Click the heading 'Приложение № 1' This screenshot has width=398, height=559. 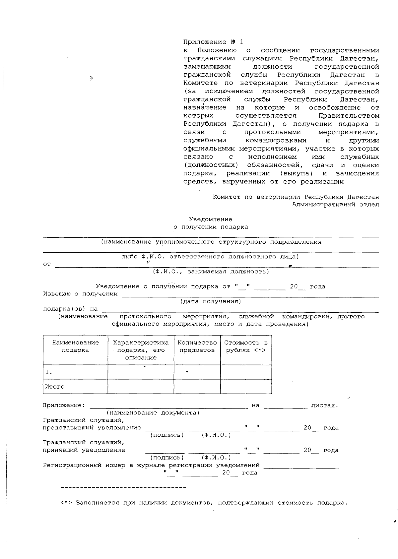point(213,42)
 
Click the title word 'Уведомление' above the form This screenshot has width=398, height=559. point(211,219)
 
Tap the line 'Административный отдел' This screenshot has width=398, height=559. point(335,204)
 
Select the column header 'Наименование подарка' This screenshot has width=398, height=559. point(75,346)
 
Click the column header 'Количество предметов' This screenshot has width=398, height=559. point(197,346)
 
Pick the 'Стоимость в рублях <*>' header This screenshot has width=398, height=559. point(246,346)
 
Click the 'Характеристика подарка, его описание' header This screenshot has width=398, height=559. point(141,350)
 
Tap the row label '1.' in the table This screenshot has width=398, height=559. point(49,372)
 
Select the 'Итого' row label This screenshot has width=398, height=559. point(55,387)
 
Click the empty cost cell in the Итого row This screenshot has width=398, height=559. point(246,387)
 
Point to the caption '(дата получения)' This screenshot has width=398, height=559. point(211,301)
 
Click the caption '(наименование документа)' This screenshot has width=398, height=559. point(153,413)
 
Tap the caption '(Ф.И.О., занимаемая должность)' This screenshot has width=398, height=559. point(211,272)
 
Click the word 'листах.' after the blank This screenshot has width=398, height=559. point(324,405)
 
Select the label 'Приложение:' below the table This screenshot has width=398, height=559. point(64,405)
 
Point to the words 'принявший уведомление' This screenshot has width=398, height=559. point(84,450)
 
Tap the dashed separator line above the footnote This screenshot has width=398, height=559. point(123,488)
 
